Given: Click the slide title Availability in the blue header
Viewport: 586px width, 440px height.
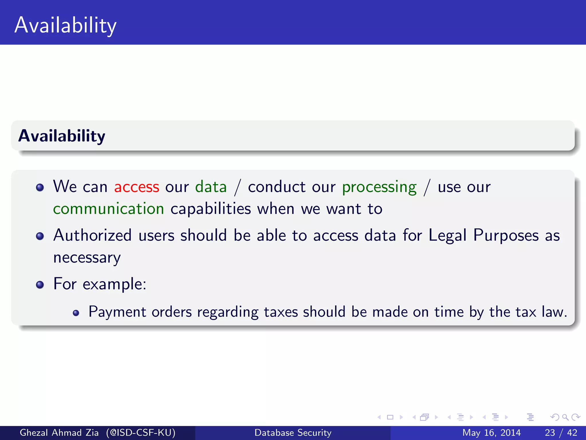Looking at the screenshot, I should tap(66, 25).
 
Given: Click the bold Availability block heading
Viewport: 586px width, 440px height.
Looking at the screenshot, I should tap(62, 136).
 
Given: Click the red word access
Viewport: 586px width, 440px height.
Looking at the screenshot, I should tap(136, 187).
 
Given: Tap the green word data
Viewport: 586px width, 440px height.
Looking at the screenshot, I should tap(211, 187).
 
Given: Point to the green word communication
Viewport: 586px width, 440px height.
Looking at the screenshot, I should tap(108, 209).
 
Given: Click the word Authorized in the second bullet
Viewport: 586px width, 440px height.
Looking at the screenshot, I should tap(92, 235).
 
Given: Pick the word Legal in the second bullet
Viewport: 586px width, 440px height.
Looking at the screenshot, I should tap(448, 235).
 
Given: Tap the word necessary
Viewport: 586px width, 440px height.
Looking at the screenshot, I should tap(87, 258).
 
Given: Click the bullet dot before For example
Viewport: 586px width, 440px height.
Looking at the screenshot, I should tap(40, 285).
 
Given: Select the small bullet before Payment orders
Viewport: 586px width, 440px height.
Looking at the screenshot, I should tap(76, 313).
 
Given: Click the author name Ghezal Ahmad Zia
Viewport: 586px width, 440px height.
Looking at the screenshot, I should tap(59, 433).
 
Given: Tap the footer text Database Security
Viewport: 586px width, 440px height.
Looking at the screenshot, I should tap(293, 433).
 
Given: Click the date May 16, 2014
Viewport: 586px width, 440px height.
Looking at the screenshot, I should tap(491, 433).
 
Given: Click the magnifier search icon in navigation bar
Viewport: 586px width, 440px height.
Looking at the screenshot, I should tap(565, 417).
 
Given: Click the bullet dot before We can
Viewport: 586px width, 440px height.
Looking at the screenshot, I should tap(40, 188).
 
